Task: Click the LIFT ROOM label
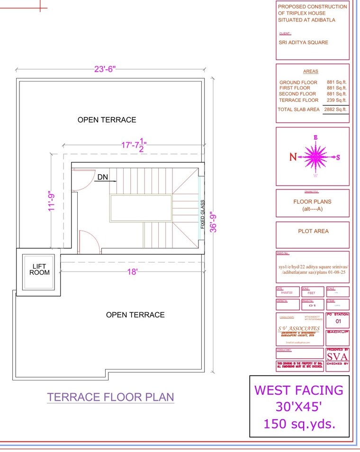[x=39, y=269]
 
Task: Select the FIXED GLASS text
[x=203, y=214]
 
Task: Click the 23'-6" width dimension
[x=105, y=69]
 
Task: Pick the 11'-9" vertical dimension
[x=53, y=201]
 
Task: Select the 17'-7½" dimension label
[x=135, y=145]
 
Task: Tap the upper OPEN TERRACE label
[x=107, y=120]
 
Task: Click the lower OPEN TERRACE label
[x=135, y=315]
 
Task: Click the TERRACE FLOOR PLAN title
[x=110, y=397]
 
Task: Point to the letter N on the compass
[x=293, y=157]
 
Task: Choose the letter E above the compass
[x=315, y=138]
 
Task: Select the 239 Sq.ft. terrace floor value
[x=336, y=100]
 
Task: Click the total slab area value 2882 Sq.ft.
[x=335, y=109]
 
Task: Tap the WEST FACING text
[x=299, y=390]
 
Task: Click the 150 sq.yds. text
[x=299, y=423]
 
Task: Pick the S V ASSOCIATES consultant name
[x=298, y=328]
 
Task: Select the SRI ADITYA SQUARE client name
[x=303, y=42]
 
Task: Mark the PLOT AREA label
[x=313, y=231]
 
